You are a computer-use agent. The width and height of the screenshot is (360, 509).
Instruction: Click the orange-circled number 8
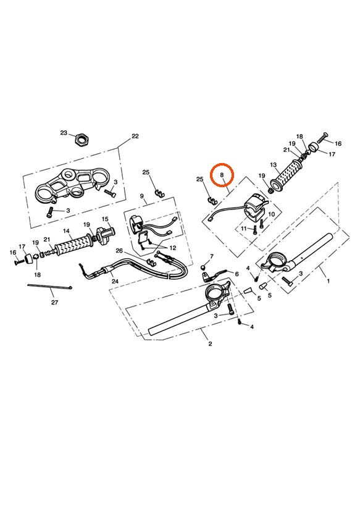[222, 175]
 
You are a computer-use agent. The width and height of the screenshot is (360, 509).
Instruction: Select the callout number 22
[135, 137]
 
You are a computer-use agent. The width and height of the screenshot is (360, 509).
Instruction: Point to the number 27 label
[54, 303]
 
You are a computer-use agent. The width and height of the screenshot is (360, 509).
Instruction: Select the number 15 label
[105, 219]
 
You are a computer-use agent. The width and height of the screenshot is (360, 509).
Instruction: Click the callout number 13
[273, 166]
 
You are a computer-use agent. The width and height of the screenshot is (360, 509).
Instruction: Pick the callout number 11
[244, 228]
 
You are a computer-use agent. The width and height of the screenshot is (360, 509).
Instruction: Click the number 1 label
[328, 280]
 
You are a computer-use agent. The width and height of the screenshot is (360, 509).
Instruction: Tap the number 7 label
[211, 256]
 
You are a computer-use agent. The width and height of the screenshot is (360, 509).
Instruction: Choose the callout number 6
[236, 274]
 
